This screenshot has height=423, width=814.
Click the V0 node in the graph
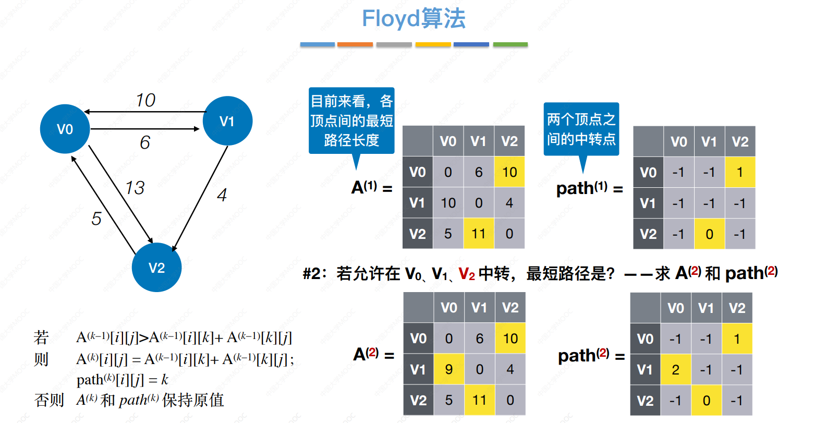tap(65, 129)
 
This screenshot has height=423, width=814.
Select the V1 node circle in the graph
tap(227, 120)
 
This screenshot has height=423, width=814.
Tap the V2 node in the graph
tap(156, 268)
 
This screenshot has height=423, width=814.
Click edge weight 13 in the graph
tap(135, 188)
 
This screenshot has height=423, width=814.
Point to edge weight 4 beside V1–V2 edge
tap(222, 195)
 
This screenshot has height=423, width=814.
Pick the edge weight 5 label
tap(96, 219)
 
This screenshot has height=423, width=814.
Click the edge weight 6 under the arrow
tap(145, 142)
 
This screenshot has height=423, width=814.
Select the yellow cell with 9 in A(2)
tap(449, 369)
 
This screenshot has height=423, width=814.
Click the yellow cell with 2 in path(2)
tap(675, 370)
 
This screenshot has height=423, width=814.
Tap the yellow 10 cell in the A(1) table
tap(509, 172)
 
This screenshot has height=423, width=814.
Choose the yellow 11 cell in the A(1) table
tap(479, 233)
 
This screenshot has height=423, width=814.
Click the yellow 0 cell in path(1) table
tap(709, 234)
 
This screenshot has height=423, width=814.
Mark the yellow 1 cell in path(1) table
tap(740, 172)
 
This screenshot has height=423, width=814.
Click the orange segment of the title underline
tap(355, 44)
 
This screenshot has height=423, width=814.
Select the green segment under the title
tap(510, 44)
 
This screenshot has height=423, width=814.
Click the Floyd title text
tap(414, 18)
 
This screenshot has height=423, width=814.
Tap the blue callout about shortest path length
tap(351, 120)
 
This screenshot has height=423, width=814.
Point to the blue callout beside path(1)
tap(581, 129)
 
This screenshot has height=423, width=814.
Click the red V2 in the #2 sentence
tap(467, 274)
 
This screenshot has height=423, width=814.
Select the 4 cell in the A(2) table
tap(510, 369)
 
